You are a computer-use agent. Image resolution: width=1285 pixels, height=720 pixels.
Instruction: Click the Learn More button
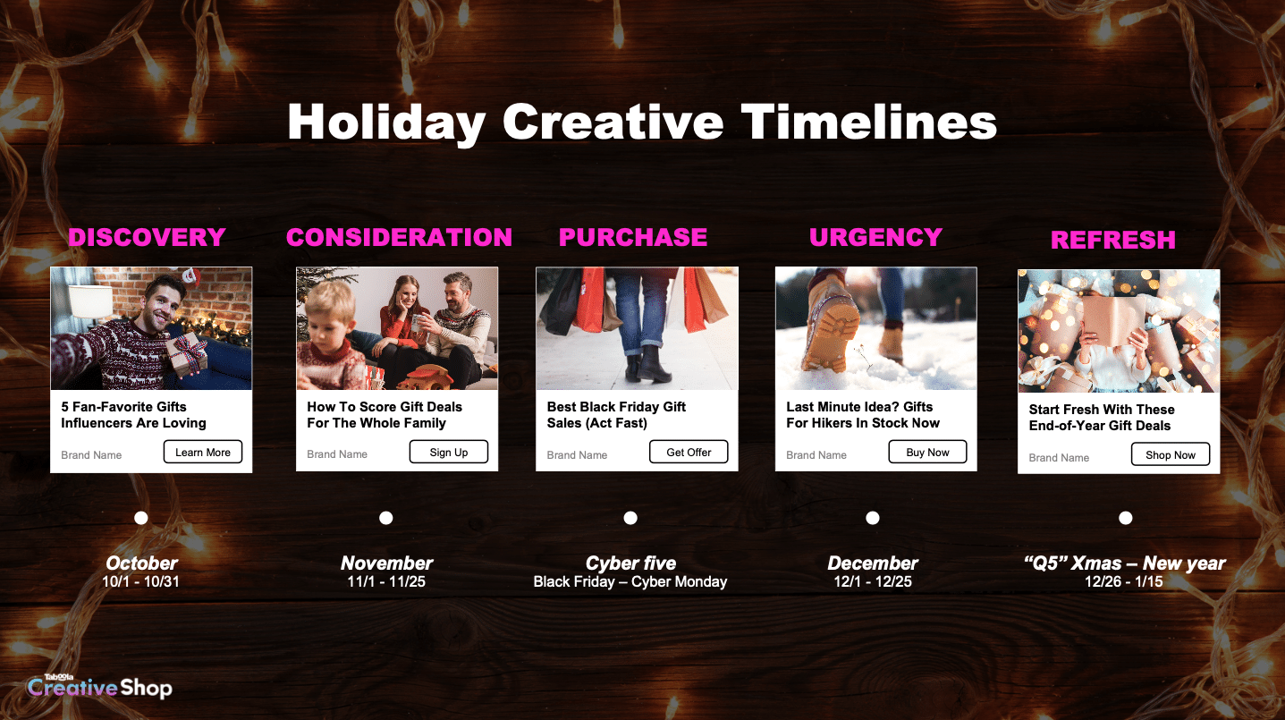pos(202,452)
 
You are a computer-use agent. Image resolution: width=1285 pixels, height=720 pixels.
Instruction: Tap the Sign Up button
pos(449,452)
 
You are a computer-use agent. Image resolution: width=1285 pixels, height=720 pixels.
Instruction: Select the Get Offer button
pos(689,452)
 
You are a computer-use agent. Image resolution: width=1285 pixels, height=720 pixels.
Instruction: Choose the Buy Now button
pos(927,452)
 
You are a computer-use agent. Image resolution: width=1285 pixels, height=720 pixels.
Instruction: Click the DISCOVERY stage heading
pos(147,238)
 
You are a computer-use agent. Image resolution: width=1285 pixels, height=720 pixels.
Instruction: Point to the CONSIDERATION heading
pos(399,238)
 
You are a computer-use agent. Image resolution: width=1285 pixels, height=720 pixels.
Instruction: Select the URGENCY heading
pos(876,238)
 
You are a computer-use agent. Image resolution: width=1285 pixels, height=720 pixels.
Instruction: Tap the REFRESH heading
pos(1113,240)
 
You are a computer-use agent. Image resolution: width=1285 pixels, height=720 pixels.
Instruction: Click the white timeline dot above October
pos(141,518)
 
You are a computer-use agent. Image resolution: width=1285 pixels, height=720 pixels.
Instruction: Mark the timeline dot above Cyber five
pos(630,518)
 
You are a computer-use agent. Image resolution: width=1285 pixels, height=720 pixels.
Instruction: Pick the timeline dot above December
pos(873,518)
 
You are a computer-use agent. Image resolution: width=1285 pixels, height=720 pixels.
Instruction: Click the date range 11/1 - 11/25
pos(386,581)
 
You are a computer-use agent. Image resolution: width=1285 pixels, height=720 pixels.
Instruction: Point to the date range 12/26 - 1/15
pos(1124,581)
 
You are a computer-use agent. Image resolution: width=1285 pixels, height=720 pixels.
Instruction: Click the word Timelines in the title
pos(869,122)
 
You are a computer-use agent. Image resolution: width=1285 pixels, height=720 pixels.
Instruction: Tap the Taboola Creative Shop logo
pos(100,686)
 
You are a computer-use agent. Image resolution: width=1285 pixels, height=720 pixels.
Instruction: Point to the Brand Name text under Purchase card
pos(577,455)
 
